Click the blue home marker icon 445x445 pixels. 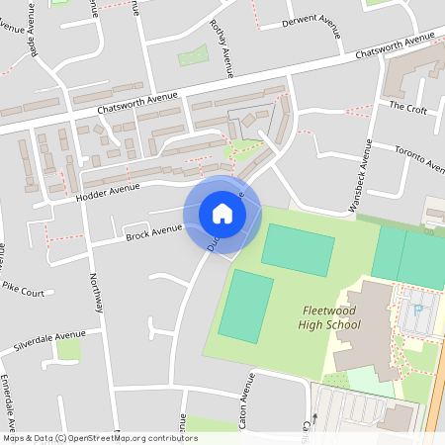(x=222, y=214)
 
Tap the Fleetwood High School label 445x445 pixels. (x=331, y=317)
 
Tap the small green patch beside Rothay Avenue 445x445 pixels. (x=193, y=55)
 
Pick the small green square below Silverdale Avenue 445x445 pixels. (x=67, y=349)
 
